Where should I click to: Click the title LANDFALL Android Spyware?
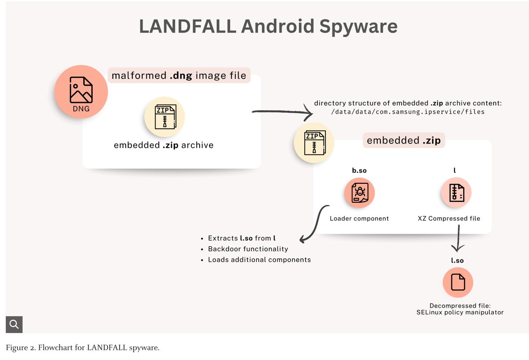pyautogui.click(x=268, y=26)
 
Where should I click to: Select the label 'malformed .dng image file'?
pyautogui.click(x=179, y=75)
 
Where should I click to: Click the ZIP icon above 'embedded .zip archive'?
pyautogui.click(x=164, y=117)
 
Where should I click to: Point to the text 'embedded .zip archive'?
pyautogui.click(x=164, y=145)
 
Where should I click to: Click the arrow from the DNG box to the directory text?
pyautogui.click(x=282, y=113)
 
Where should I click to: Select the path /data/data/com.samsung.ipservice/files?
pyautogui.click(x=408, y=112)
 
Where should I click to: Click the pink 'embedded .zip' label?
pyautogui.click(x=403, y=141)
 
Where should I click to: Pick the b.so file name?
pyautogui.click(x=359, y=170)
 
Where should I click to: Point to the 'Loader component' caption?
pyautogui.click(x=359, y=218)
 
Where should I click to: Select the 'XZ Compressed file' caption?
pyautogui.click(x=449, y=218)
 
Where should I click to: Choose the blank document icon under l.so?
pyautogui.click(x=458, y=282)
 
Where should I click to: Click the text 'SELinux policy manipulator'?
pyautogui.click(x=460, y=312)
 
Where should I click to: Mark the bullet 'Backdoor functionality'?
pyautogui.click(x=248, y=249)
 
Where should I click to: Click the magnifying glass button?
pyautogui.click(x=14, y=325)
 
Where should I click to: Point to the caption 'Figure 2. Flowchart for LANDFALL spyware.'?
pyautogui.click(x=82, y=348)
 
